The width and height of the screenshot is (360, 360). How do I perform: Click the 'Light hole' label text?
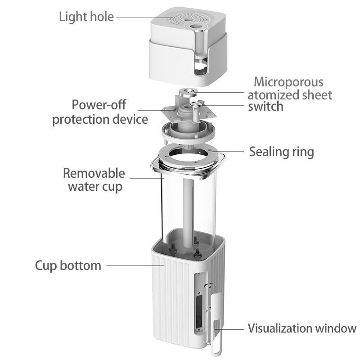point(86,17)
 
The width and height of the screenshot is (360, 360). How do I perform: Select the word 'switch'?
point(266,106)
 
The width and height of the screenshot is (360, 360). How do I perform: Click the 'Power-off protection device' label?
point(100,112)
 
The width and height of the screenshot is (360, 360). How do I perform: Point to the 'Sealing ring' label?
point(282,152)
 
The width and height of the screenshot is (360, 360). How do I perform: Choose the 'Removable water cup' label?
point(94,180)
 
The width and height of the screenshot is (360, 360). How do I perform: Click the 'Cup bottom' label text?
point(68,265)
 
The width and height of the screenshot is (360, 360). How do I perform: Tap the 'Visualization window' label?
point(302,328)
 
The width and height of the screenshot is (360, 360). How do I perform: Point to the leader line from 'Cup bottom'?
point(135,265)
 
